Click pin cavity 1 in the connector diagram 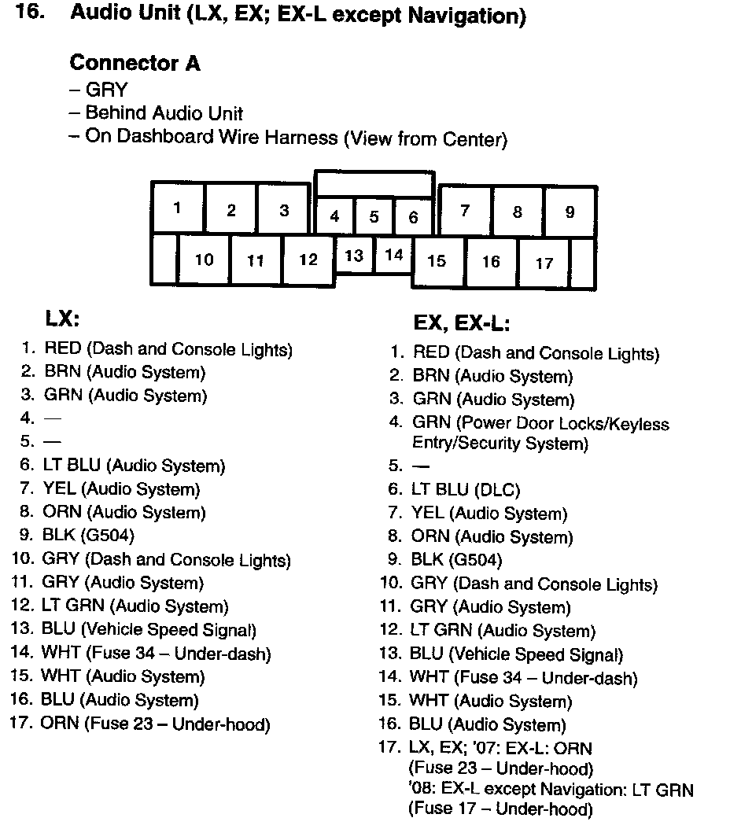tap(178, 208)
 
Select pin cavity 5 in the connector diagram tap(374, 217)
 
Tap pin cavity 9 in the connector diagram tap(570, 212)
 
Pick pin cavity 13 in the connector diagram tap(354, 256)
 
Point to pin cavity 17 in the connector tap(544, 263)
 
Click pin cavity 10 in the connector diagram tap(204, 260)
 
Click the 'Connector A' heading tap(135, 63)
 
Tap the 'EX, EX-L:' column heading tap(462, 323)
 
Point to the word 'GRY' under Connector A tap(106, 90)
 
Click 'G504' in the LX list tap(110, 536)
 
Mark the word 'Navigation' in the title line tap(472, 16)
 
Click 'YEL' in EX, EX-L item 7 tap(429, 514)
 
